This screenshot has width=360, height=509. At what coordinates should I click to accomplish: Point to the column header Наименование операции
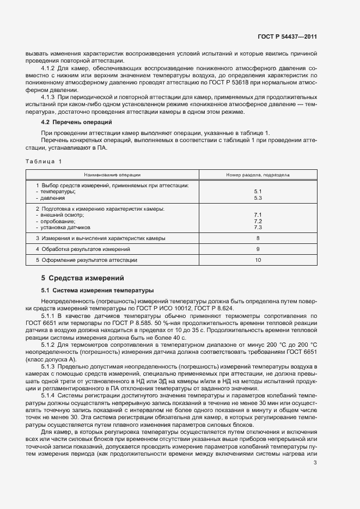(112, 175)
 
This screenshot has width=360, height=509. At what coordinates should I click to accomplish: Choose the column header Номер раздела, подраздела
(258, 175)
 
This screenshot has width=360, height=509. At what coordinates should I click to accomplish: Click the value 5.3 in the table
(258, 198)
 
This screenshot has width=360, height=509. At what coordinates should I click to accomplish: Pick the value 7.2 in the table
(258, 221)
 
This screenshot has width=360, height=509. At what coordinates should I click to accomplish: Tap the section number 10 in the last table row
(258, 260)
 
